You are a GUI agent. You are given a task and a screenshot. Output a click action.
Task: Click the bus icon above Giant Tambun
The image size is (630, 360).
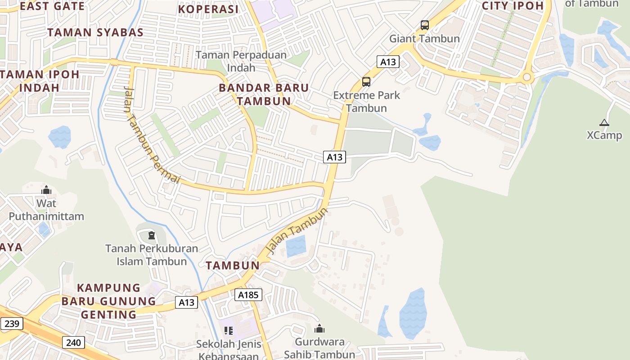click(x=424, y=25)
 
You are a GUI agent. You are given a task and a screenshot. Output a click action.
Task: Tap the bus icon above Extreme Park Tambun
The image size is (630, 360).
click(x=366, y=82)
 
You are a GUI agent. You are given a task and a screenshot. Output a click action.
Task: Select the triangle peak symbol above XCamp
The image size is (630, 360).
click(x=604, y=122)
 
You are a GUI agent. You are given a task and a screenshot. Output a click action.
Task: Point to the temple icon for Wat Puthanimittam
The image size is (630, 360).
click(x=46, y=190)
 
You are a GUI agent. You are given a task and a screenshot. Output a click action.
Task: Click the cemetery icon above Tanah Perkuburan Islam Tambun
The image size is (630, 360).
click(x=152, y=235)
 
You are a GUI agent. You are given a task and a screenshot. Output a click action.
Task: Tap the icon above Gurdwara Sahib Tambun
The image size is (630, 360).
click(x=319, y=328)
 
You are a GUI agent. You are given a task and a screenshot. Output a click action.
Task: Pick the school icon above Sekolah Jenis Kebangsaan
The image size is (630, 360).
click(x=228, y=331)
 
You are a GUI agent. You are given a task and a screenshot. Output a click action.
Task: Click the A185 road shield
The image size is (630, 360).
click(x=248, y=295)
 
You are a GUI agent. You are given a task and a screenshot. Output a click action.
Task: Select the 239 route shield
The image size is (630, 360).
click(x=11, y=323)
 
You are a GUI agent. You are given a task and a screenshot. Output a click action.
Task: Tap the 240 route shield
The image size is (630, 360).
click(x=73, y=343)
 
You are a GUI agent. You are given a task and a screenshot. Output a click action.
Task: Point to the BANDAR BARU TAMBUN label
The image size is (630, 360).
click(x=264, y=94)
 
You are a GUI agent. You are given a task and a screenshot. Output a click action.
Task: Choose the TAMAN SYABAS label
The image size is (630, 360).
click(x=95, y=32)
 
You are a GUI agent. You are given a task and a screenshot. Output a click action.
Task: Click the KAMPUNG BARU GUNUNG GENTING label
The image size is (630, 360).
click(x=108, y=301)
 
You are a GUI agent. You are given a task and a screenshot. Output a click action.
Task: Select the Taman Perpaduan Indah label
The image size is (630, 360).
click(x=241, y=61)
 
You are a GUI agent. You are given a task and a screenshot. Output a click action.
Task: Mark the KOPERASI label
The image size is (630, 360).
click(x=208, y=9)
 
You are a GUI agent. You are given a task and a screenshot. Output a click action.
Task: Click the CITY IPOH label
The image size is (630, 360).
click(x=513, y=6)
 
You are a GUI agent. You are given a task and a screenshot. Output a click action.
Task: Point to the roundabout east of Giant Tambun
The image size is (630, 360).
click(x=526, y=78)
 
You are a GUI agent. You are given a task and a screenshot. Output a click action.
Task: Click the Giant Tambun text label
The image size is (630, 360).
click(x=424, y=38)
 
